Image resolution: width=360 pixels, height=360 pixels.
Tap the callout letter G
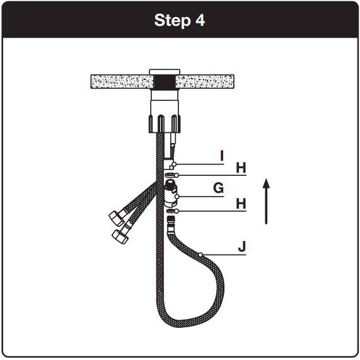(x=218, y=188)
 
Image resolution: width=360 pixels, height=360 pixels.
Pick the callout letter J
(x=241, y=246)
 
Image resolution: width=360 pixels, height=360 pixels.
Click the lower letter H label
(x=241, y=204)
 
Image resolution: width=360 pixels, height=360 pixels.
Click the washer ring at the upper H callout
(x=170, y=175)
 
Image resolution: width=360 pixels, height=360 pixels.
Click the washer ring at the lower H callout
(x=170, y=211)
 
